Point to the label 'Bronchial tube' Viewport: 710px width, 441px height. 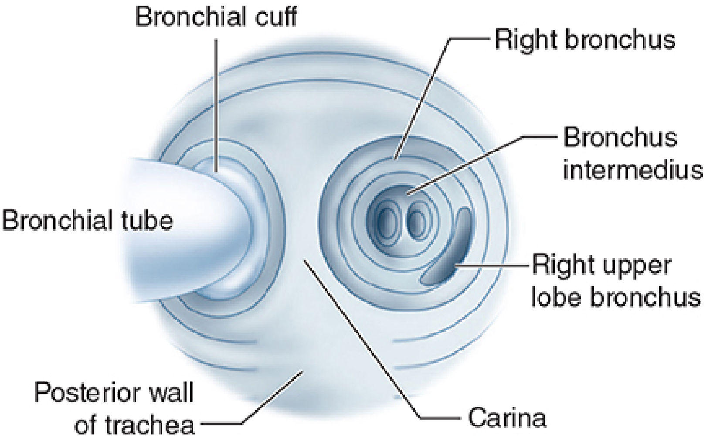click(88, 220)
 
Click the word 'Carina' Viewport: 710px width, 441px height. click(506, 417)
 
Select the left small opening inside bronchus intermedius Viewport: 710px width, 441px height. click(387, 220)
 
